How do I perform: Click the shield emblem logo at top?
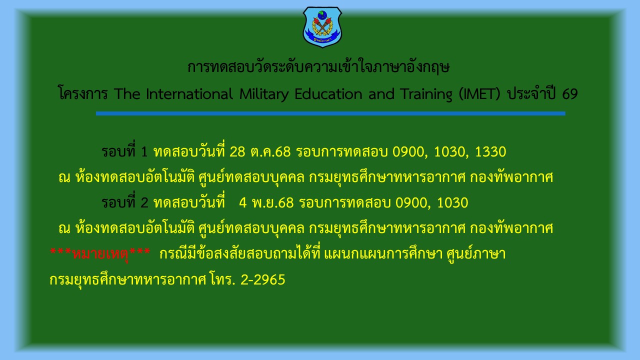tap(322, 26)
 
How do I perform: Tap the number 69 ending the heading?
tap(569, 93)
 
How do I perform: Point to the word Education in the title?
tap(328, 93)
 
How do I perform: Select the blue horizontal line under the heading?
tap(330, 113)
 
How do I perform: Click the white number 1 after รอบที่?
tap(145, 151)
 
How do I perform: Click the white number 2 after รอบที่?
tap(145, 203)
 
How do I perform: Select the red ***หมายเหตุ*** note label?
tap(100, 254)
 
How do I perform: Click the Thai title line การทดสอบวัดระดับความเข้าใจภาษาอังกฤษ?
tap(318, 67)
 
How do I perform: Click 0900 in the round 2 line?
tap(412, 203)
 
